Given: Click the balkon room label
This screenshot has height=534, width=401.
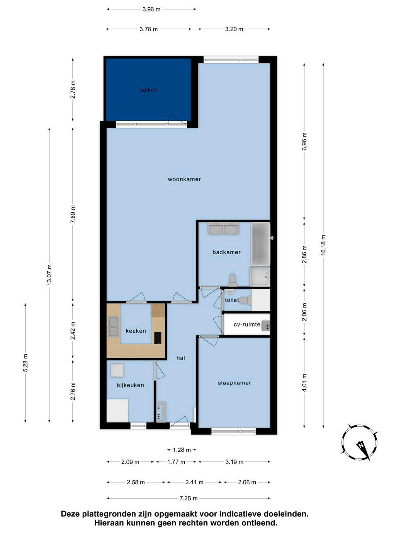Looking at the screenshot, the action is tap(148, 90).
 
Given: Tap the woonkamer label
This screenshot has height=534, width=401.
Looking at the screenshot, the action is tap(184, 179).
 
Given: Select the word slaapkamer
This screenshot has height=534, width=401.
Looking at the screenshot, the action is tap(234, 383).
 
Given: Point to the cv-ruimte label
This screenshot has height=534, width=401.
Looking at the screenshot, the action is tap(247, 324).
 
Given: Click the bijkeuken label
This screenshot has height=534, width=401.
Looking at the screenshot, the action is tap(130, 385).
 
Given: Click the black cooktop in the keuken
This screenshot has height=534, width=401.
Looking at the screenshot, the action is tap(158, 338).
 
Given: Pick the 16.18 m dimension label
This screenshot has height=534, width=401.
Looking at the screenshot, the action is tap(323, 245).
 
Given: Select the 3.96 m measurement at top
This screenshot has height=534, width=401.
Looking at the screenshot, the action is tap(151, 10).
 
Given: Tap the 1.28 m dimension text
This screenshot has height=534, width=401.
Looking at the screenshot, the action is tap(182, 450).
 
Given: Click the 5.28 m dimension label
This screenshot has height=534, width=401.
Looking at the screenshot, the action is tap(26, 362).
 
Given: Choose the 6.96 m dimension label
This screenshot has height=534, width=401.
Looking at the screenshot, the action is tap(304, 142).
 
